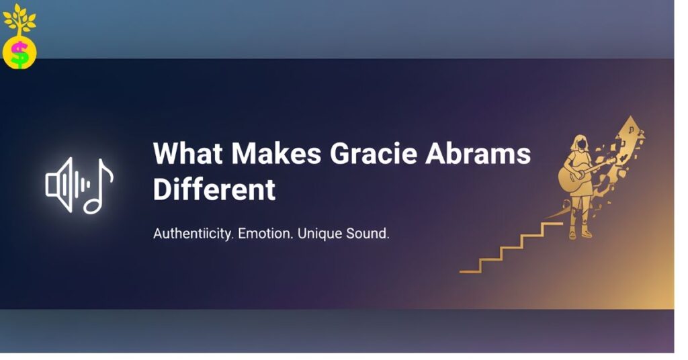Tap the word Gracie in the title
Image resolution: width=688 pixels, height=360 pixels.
coord(373,154)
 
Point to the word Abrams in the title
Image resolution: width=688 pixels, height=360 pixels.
coord(478,154)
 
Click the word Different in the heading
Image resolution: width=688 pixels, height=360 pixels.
coord(214,190)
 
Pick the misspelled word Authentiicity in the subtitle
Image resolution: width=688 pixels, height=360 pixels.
coord(194,234)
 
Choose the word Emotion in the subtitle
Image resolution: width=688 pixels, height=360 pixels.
coord(265,234)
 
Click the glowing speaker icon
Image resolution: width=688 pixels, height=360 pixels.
coord(59,185)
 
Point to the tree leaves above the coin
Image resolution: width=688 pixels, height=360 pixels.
coord(19,19)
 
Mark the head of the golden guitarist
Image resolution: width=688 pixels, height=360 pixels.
coord(578,142)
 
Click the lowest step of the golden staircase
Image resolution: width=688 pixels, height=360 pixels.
coord(470,270)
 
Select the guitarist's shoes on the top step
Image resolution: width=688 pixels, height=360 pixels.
coord(581,234)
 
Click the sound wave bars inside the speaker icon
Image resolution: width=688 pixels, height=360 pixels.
coord(78,185)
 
